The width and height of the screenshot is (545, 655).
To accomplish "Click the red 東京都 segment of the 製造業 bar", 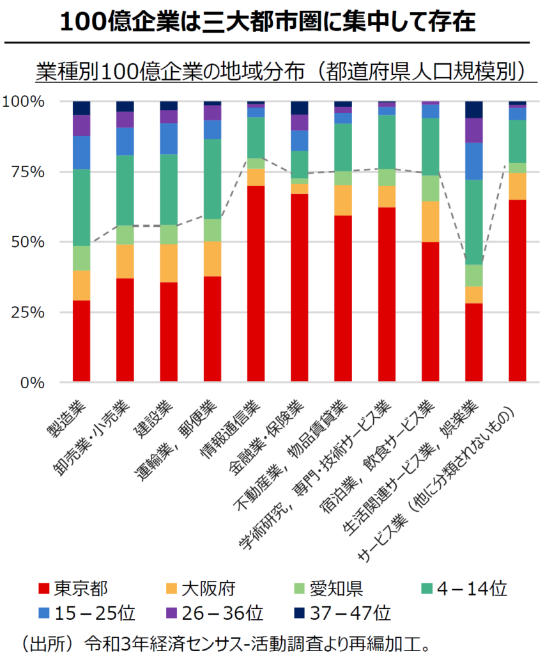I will coord(81,341).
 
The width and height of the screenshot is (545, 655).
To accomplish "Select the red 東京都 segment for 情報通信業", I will coord(256,284).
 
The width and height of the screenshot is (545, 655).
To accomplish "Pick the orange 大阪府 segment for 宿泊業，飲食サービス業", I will coord(430,221).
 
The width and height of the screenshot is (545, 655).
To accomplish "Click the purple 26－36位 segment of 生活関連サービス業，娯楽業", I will coord(473,130).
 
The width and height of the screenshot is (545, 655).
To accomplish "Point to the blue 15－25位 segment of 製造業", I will coord(81,152).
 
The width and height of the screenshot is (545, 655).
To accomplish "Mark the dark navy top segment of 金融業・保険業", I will coord(299,107).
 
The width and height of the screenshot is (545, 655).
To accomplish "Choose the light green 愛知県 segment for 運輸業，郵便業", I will coord(212,230).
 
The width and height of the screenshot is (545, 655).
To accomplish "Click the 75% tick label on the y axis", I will coord(26,172).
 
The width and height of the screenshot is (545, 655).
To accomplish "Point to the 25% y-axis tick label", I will coord(26,313).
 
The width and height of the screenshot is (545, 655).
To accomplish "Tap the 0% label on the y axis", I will coord(31,383).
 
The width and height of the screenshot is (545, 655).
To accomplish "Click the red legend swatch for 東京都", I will coord(43,588).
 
